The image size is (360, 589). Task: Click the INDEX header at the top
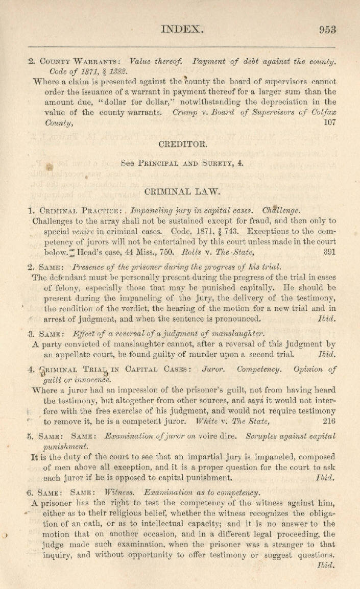pos(182,29)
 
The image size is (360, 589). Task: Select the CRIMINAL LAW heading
pos(182,191)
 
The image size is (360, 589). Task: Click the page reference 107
pos(329,122)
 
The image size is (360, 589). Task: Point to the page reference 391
pos(329,252)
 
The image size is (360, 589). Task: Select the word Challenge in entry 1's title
pos(281,210)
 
